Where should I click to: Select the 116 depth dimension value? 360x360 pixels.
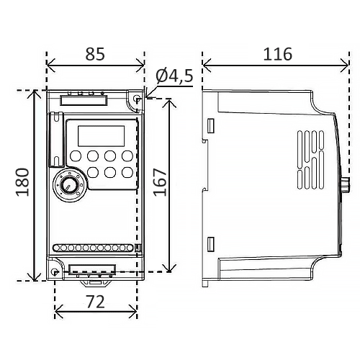pyautogui.click(x=278, y=54)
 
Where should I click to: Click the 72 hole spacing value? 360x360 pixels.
pyautogui.click(x=96, y=302)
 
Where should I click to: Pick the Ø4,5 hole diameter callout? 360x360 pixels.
pyautogui.click(x=174, y=76)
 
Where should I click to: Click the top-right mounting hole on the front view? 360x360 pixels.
pyautogui.click(x=137, y=99)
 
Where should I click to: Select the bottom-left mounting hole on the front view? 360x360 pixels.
pyautogui.click(x=55, y=272)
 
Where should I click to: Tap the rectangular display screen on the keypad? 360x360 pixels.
pyautogui.click(x=101, y=136)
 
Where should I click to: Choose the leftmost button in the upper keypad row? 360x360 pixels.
pyautogui.click(x=76, y=156)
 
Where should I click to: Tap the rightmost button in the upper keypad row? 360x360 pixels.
pyautogui.click(x=127, y=156)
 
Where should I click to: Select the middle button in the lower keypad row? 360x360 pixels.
pyautogui.click(x=110, y=172)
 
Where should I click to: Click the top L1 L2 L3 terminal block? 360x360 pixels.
pyautogui.click(x=84, y=100)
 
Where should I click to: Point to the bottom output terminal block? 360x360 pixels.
pyautogui.click(x=92, y=269)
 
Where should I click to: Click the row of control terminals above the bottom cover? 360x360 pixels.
pyautogui.click(x=93, y=248)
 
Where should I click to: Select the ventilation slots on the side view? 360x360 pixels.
pyautogui.click(x=311, y=159)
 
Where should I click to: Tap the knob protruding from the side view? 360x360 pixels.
pyautogui.click(x=345, y=184)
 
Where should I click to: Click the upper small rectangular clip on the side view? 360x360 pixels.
pyautogui.click(x=210, y=125)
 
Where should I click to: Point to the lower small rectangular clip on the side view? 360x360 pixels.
pyautogui.click(x=210, y=244)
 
